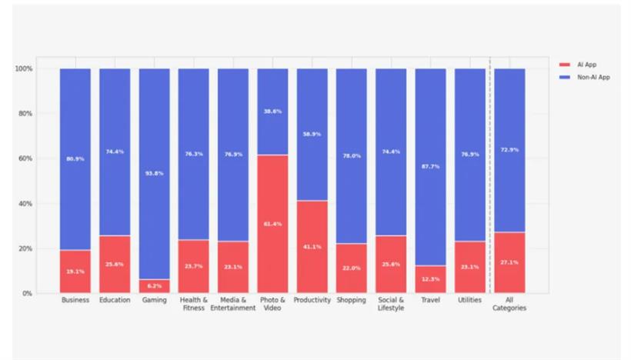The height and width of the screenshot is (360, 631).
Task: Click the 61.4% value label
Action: coord(272,224)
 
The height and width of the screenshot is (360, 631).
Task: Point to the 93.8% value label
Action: coord(154,173)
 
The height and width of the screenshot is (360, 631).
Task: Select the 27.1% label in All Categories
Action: coord(509,262)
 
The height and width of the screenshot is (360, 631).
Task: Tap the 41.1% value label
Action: coord(312,247)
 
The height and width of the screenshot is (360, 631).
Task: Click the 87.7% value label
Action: coord(430,167)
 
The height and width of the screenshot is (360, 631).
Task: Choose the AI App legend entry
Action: coord(586,65)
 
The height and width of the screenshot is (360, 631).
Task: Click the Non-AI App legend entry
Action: coord(593,77)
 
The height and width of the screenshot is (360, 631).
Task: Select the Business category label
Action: coord(75,300)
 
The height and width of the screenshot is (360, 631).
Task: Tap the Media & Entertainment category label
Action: coord(232,304)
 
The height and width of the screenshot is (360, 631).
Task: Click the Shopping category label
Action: coord(351,300)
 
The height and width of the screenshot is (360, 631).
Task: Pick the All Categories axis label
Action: coord(509,304)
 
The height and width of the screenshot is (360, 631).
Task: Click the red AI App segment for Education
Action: coord(115,264)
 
